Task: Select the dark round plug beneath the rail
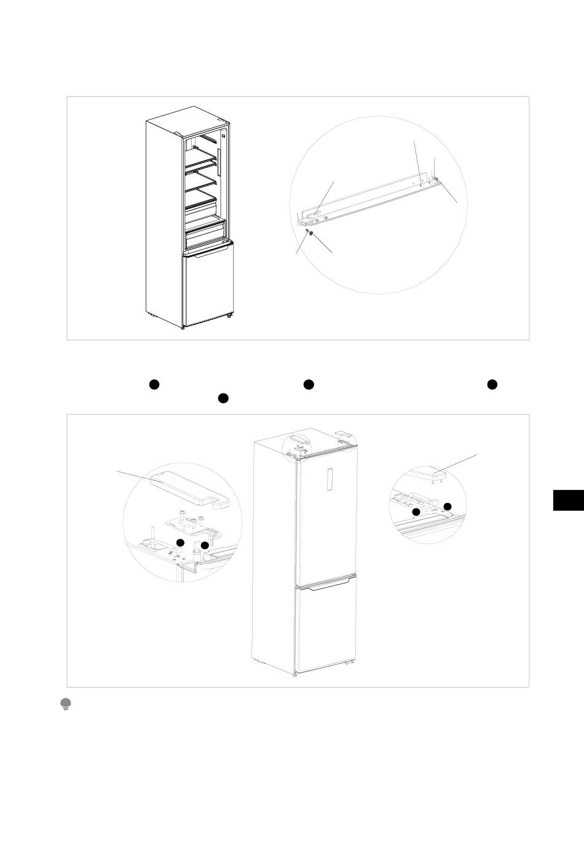(311, 234)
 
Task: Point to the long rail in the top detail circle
(369, 197)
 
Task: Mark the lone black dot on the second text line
(223, 398)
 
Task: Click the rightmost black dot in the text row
(492, 384)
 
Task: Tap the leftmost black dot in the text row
(154, 384)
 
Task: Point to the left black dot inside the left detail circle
(180, 542)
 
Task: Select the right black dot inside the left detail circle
(205, 545)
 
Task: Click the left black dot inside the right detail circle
(416, 512)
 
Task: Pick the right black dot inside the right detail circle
(448, 506)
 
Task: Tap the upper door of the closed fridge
(326, 516)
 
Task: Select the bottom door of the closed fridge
(326, 627)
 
